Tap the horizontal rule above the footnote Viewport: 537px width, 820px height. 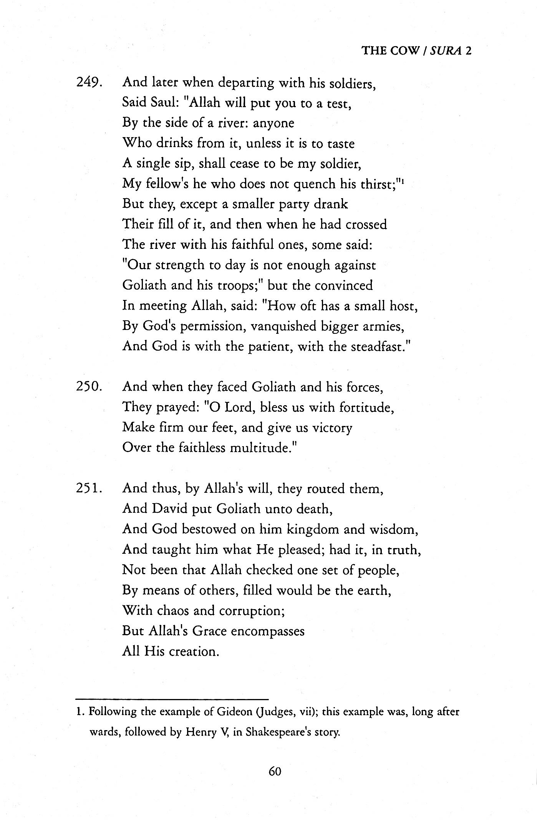(172, 699)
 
